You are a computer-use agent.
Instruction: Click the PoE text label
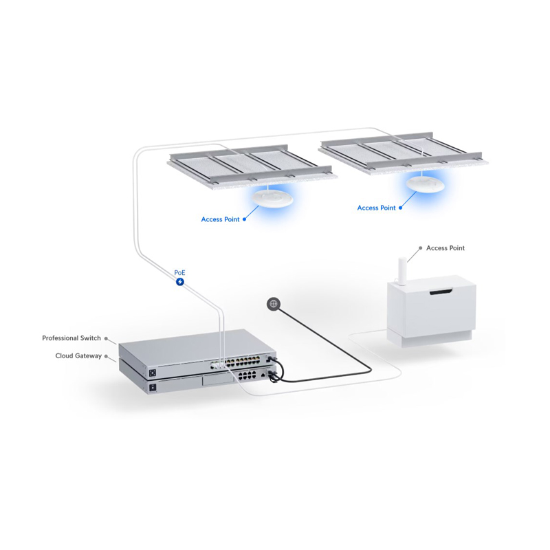click(x=179, y=272)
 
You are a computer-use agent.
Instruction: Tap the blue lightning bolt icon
click(x=180, y=282)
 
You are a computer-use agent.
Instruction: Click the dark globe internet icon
click(x=274, y=304)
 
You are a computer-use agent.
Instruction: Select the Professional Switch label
click(x=71, y=338)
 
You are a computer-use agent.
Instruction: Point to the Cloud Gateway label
click(x=78, y=355)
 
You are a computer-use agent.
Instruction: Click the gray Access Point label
click(x=445, y=248)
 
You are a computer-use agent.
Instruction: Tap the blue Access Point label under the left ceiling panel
click(x=220, y=219)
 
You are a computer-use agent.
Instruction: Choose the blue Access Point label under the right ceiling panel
click(x=376, y=208)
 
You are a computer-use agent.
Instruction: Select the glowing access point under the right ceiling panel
click(x=426, y=184)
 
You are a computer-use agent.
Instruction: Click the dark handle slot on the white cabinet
click(x=441, y=291)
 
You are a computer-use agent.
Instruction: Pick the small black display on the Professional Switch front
click(x=152, y=373)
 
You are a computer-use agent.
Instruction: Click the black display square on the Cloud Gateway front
click(x=153, y=388)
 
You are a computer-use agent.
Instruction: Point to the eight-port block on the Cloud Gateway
click(x=247, y=375)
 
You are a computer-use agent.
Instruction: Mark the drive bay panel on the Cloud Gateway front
click(x=218, y=380)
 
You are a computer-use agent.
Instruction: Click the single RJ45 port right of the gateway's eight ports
click(x=263, y=375)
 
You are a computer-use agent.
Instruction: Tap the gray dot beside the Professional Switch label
click(x=107, y=338)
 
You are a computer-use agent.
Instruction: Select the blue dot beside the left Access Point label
click(x=245, y=219)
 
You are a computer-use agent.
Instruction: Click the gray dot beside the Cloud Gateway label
click(x=107, y=356)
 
